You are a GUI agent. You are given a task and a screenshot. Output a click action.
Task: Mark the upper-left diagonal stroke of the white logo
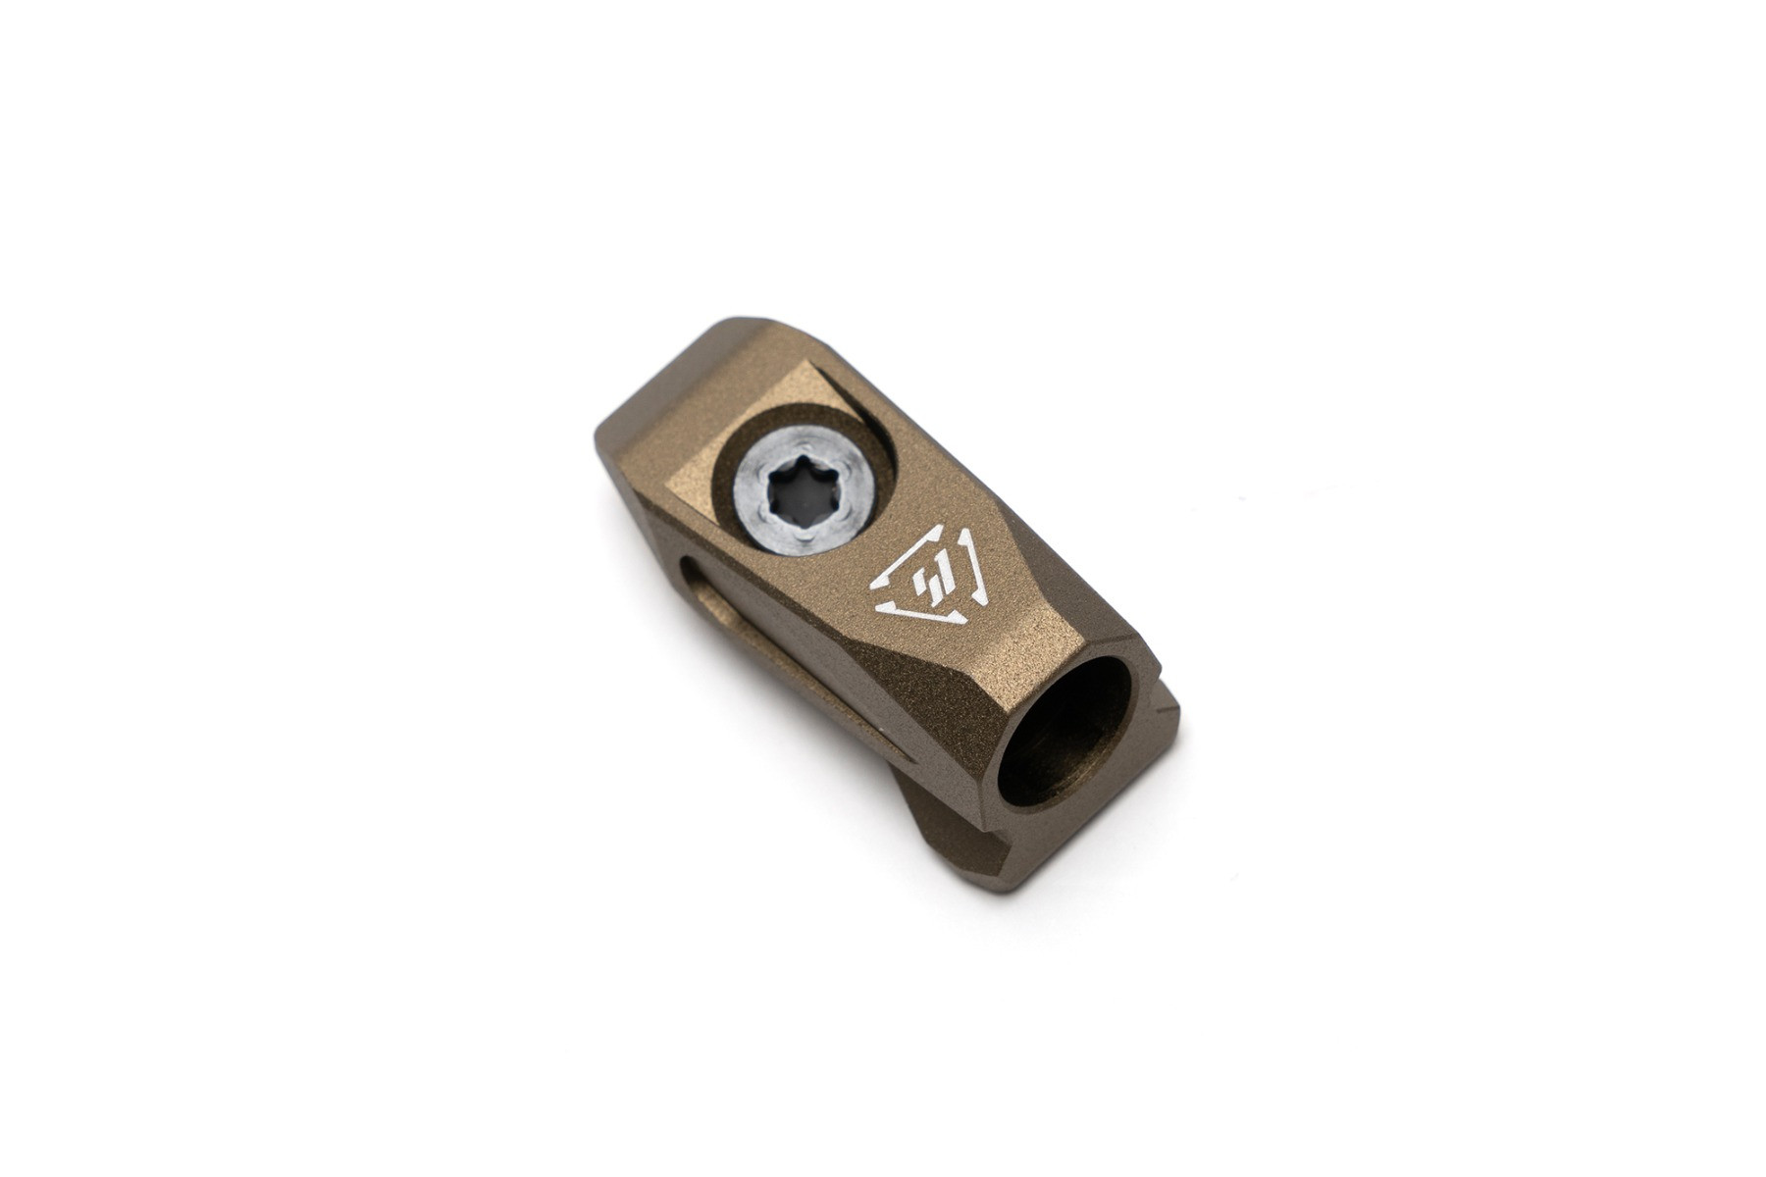pyautogui.click(x=898, y=555)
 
